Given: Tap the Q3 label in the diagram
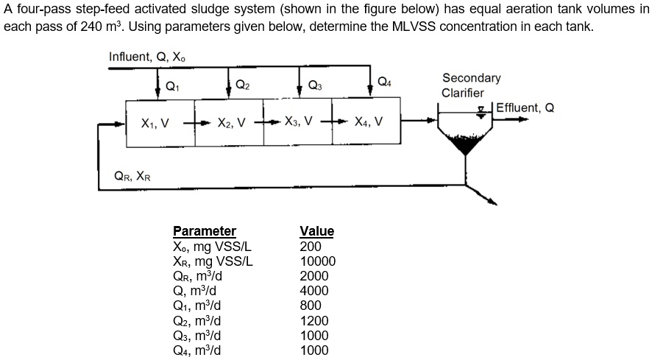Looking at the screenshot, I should click(x=315, y=85).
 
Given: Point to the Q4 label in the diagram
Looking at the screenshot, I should click(x=384, y=80).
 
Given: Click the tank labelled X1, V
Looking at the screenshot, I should click(x=155, y=122).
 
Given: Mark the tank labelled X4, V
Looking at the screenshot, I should click(x=368, y=122).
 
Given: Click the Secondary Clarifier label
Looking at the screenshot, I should click(x=471, y=85).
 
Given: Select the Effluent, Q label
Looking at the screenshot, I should click(x=525, y=108).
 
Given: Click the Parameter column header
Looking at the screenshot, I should click(x=204, y=231).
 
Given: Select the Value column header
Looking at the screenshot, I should click(x=316, y=231).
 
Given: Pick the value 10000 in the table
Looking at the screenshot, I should click(x=318, y=261).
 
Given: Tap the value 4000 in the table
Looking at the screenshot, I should click(x=314, y=291).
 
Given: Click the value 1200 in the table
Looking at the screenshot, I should click(x=314, y=321).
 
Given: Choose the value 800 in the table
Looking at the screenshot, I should click(x=311, y=306).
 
